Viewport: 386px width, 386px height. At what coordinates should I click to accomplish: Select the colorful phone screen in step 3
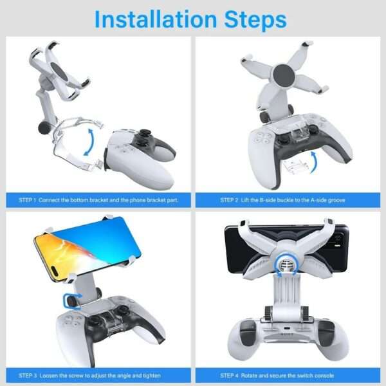click(x=84, y=248)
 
